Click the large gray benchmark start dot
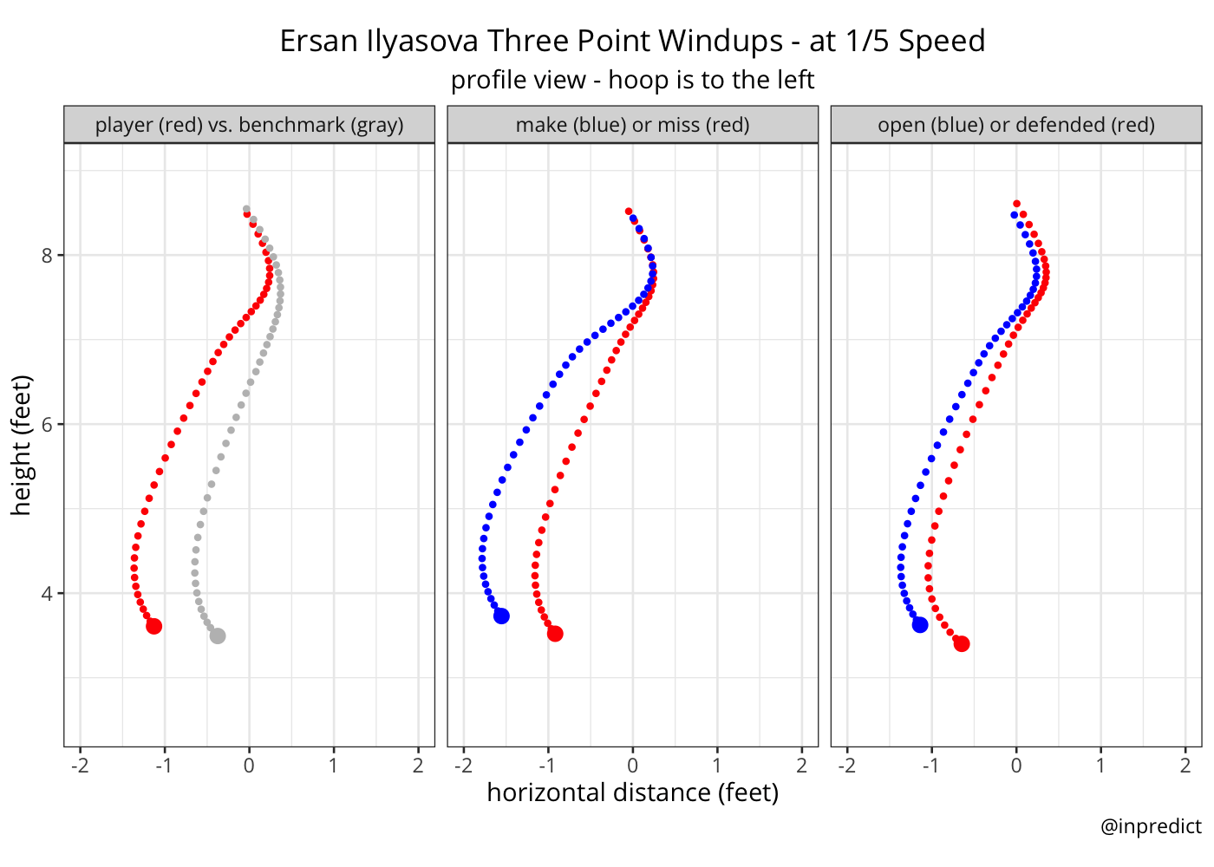[218, 636]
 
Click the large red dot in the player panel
[153, 626]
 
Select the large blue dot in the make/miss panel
[501, 616]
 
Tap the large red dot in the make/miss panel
[555, 634]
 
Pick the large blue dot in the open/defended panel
[920, 625]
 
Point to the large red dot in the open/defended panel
[962, 643]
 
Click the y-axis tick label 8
[49, 255]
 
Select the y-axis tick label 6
[49, 424]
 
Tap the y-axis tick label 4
[49, 594]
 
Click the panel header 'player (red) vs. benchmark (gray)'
[249, 125]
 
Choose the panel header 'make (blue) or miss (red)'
[632, 125]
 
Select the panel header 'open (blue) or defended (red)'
[1016, 125]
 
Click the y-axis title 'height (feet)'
[22, 445]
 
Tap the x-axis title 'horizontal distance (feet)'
[633, 792]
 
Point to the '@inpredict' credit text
[1151, 826]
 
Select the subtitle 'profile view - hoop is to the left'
[632, 80]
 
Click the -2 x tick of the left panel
[80, 766]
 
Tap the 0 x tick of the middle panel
[633, 766]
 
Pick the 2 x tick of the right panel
[1185, 766]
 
